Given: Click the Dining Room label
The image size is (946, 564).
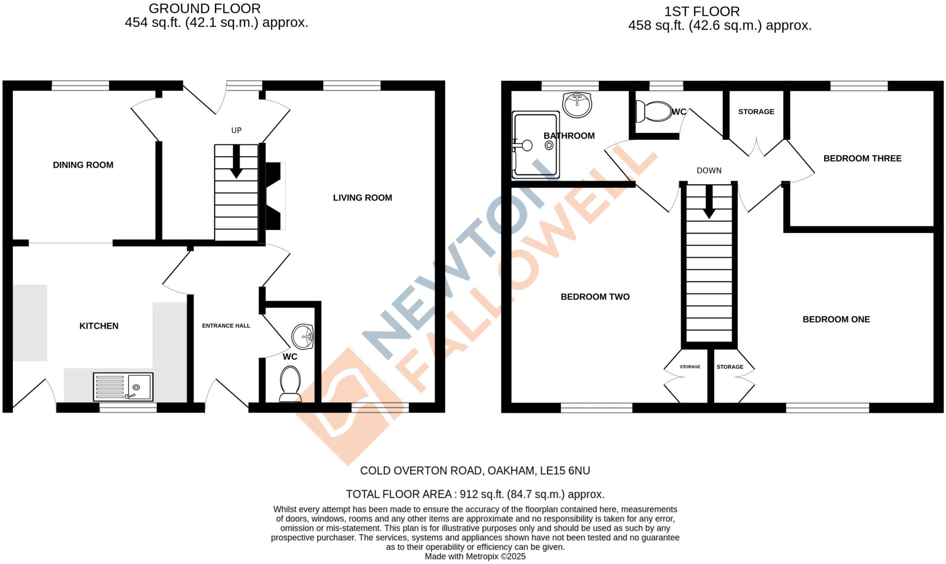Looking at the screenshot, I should [83, 165].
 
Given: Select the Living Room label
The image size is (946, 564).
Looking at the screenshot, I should [363, 198].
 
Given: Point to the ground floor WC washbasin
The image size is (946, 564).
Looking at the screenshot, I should [303, 336].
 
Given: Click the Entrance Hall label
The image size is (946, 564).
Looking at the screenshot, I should [226, 326].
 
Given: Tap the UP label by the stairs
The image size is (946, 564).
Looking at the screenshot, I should [236, 130].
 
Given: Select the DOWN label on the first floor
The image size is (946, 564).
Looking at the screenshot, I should [709, 170].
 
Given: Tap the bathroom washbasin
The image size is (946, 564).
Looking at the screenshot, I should [577, 105].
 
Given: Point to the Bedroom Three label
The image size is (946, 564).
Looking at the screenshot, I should [862, 158].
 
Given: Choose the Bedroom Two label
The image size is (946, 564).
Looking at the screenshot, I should [595, 297].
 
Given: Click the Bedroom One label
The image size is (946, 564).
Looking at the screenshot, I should [836, 319].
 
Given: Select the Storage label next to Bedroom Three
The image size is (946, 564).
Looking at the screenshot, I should [756, 112].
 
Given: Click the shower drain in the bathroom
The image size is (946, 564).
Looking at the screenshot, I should [549, 145].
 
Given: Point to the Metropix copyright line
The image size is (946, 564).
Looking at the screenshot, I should [475, 557].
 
